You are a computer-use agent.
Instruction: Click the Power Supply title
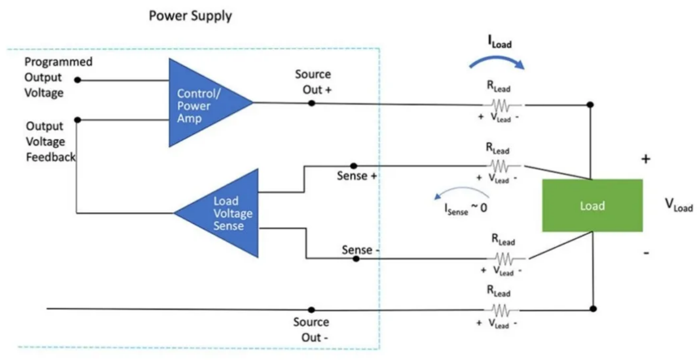(190, 16)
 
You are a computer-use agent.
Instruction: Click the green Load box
(593, 206)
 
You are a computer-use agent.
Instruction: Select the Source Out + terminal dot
(311, 103)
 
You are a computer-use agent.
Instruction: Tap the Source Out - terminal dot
(311, 310)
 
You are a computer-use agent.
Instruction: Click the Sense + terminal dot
(354, 166)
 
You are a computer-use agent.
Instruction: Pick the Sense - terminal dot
(356, 259)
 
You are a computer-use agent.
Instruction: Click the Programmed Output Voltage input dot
(78, 80)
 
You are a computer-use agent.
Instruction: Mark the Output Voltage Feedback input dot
(78, 120)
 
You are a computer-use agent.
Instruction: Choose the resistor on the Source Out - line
(501, 310)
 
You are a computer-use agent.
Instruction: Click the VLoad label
(679, 206)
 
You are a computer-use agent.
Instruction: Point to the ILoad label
(500, 42)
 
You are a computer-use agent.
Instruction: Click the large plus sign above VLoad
(646, 159)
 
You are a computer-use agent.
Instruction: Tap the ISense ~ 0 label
(466, 209)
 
